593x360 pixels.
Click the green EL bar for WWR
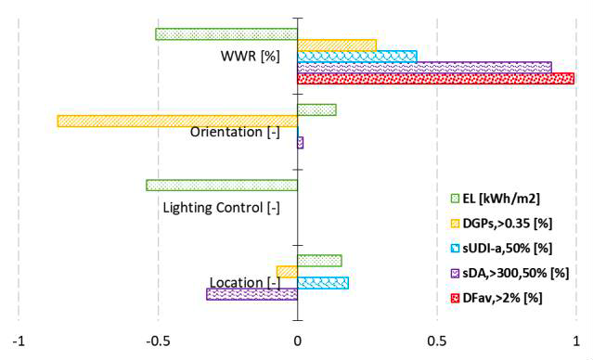point(226,34)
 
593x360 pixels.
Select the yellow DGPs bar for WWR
point(337,45)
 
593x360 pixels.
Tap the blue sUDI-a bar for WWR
point(357,57)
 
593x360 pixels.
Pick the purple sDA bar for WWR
point(424,68)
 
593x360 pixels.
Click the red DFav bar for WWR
point(435,79)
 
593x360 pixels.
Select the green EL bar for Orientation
point(316,109)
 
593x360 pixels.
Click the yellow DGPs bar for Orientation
point(177,121)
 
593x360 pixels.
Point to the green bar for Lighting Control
point(222,186)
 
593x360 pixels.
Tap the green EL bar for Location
point(319,261)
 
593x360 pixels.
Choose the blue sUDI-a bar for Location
point(323,283)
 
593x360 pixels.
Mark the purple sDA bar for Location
point(251,294)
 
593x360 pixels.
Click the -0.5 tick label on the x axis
point(157,341)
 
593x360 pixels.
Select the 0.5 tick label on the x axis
point(437,341)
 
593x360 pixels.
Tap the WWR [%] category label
point(250,56)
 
